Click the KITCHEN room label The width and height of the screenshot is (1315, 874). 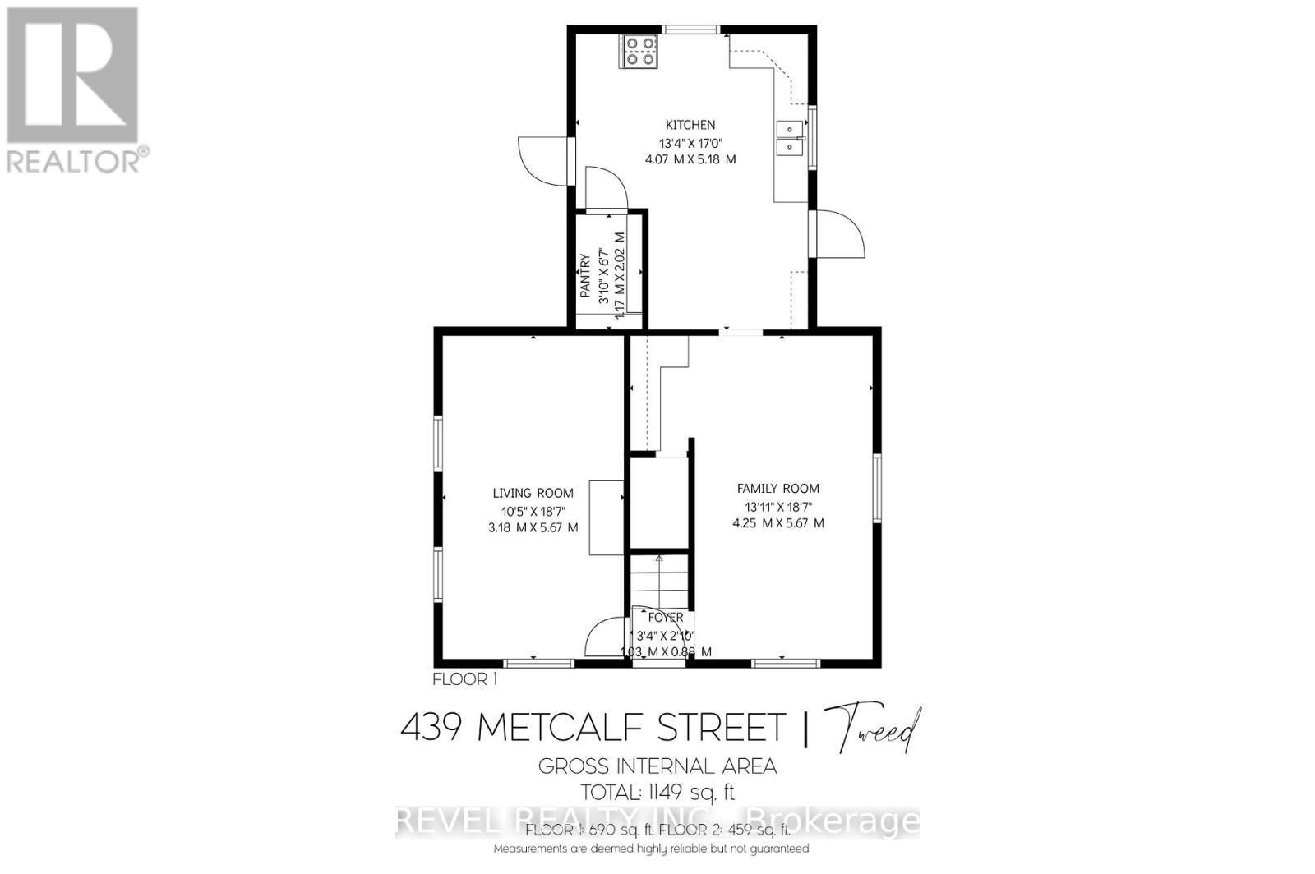pos(690,125)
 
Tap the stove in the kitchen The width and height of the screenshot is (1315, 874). pos(639,51)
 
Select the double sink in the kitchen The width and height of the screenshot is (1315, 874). pos(791,138)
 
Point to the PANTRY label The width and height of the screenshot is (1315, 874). pos(586,275)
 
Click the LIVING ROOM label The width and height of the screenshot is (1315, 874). pos(533,493)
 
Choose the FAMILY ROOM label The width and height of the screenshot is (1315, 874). pos(777,488)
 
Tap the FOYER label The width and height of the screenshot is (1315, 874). pos(666,618)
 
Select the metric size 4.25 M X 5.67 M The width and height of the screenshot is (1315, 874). pos(777,522)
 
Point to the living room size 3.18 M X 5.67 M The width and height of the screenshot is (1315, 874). pos(533,527)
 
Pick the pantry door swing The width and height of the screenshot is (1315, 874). pos(607,189)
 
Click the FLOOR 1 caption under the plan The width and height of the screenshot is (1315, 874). pos(464,679)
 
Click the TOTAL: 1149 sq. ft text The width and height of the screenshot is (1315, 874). pos(657,793)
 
